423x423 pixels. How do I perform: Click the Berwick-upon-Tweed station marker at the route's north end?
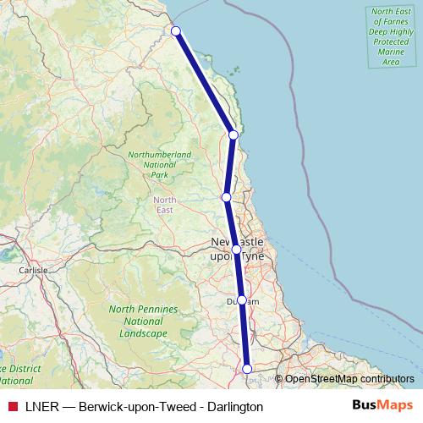(x=176, y=31)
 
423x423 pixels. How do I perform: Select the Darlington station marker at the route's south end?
(x=248, y=368)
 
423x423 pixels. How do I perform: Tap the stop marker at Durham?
(x=242, y=299)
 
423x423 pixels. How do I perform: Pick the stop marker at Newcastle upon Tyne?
(x=236, y=250)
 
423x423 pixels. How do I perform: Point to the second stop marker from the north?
(x=233, y=135)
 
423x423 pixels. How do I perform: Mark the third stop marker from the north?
(x=226, y=197)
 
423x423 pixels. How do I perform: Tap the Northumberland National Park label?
(x=159, y=165)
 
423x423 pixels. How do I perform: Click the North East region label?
(x=165, y=205)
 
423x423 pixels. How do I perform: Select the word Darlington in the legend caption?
(x=233, y=407)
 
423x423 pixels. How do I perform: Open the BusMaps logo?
(x=382, y=406)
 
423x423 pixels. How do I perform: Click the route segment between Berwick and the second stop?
(x=205, y=83)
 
